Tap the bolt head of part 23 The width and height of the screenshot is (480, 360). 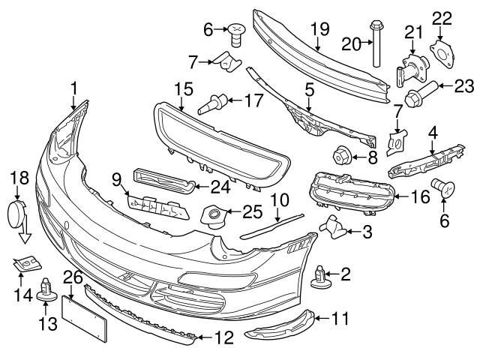[416, 97]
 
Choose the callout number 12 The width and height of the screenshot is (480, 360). [223, 339]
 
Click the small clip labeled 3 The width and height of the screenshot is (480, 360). [331, 225]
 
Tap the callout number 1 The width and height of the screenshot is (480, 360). [73, 91]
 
